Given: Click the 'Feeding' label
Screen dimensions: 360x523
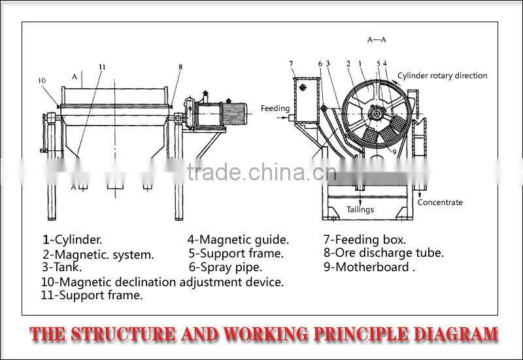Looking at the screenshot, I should pos(274,108).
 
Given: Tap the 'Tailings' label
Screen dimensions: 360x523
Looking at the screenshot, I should pos(360,210).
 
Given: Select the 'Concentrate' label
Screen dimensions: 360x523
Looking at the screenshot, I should pos(440,203).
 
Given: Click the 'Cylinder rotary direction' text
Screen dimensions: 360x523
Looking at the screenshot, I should pos(443,76).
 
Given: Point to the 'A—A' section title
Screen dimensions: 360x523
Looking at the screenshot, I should pos(377,40).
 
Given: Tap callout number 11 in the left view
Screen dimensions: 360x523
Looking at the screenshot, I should pos(102,67).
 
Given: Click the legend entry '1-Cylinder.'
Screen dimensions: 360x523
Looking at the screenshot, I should pos(73,240).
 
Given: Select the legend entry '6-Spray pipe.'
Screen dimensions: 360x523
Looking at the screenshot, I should pos(226,267).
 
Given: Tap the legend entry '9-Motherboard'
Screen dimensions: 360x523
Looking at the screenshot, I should pos(369,267).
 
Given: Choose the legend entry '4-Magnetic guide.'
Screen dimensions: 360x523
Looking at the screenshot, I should pos(238,240).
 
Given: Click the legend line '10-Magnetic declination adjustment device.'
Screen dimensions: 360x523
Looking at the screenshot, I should pos(162,282).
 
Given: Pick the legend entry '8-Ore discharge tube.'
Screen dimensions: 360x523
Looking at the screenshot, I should pos(384,253).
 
